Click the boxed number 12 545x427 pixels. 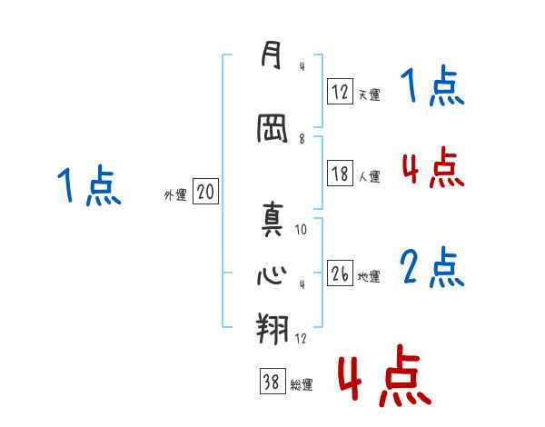(340, 92)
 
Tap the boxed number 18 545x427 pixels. (340, 174)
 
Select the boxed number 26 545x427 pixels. (340, 273)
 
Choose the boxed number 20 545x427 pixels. (205, 192)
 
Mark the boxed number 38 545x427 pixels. (271, 382)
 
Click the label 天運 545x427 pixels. (369, 94)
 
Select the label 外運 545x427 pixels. (174, 194)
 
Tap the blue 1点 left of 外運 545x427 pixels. (88, 186)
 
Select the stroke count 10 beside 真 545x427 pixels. (301, 230)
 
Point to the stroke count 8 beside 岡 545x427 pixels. (302, 139)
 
